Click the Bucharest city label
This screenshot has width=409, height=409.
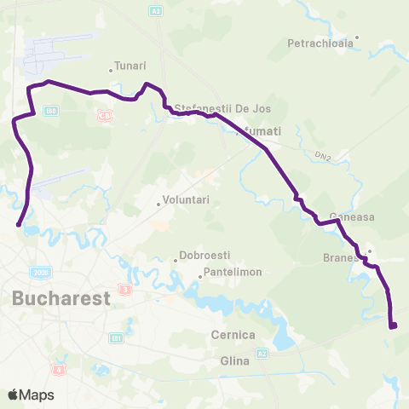pos(62,299)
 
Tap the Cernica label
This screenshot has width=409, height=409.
pos(233,335)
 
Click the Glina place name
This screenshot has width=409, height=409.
pos(236,361)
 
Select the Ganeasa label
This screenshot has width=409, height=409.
pos(352,218)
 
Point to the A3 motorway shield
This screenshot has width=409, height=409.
pos(155,10)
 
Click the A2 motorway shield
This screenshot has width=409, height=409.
pos(262,352)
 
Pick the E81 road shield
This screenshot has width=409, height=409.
pos(117,338)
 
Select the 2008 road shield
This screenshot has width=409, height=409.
pos(40,272)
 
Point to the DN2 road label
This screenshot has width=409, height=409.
pos(321,157)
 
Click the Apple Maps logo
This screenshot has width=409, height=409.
pos(31,395)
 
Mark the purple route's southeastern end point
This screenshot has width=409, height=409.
pos(393,325)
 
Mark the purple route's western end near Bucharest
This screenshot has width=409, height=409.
pos(19,225)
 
